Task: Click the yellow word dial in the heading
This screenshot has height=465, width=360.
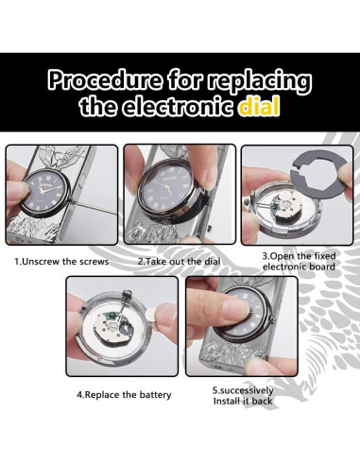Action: tap(259, 106)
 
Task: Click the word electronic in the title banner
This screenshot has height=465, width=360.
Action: tap(179, 106)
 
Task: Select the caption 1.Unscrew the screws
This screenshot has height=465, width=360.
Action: tap(61, 262)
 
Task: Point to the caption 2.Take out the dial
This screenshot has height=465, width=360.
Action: tap(180, 262)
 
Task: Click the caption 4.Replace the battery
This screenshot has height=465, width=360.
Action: tap(124, 395)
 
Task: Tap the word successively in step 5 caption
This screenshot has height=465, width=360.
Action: tap(246, 390)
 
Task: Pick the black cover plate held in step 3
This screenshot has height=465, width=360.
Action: tap(318, 179)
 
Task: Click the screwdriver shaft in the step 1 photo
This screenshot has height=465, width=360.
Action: tap(95, 208)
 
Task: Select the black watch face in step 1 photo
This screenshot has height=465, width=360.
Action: tap(44, 193)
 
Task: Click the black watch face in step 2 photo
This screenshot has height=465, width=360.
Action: tap(167, 188)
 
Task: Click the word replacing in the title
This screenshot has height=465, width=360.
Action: tap(259, 81)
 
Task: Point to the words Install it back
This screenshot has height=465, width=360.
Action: tap(243, 402)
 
